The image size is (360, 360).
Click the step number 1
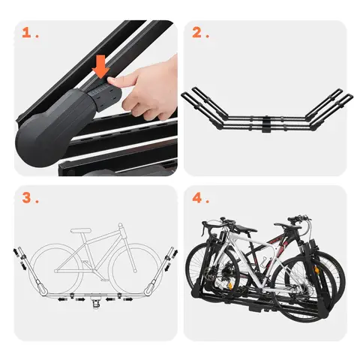(x=28, y=33)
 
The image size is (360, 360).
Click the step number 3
(x=28, y=198)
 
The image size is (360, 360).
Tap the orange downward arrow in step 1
(x=99, y=70)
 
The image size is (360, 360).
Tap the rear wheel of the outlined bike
(x=54, y=268)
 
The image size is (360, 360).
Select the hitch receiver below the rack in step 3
(x=96, y=304)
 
